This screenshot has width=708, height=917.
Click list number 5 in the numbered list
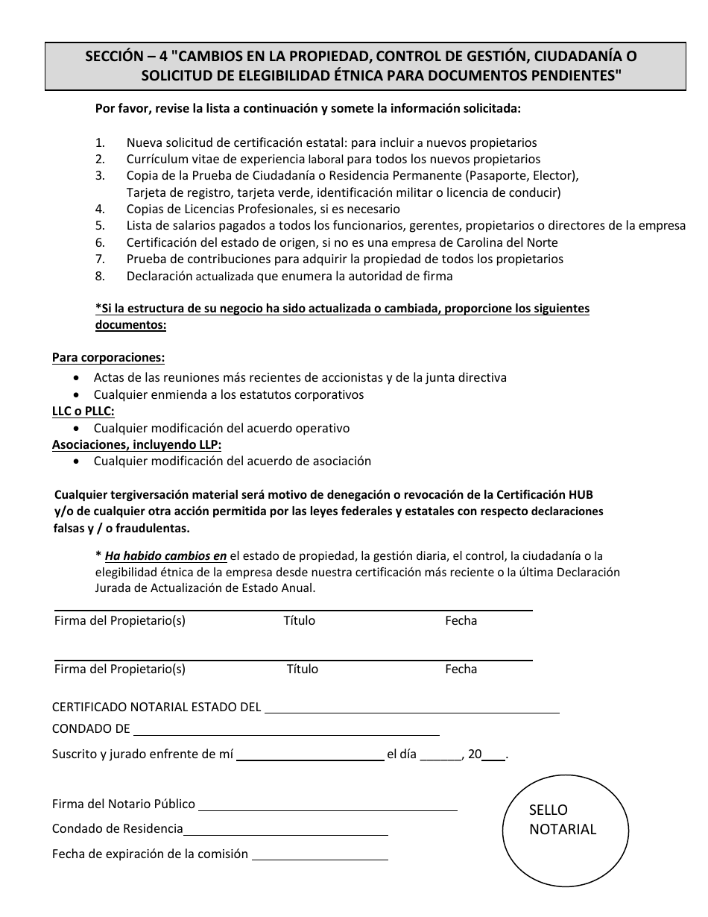pyautogui.click(x=100, y=225)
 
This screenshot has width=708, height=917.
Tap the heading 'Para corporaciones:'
pyautogui.click(x=109, y=358)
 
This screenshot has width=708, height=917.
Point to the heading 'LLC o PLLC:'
pyautogui.click(x=83, y=412)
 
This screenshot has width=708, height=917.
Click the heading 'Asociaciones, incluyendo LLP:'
pyautogui.click(x=136, y=445)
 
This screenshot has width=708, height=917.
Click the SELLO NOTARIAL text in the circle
pyautogui.click(x=563, y=819)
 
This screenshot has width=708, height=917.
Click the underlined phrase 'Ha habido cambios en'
pyautogui.click(x=165, y=555)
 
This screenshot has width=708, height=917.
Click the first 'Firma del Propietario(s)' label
pyautogui.click(x=120, y=621)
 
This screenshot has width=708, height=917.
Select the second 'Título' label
pyautogui.click(x=303, y=669)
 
